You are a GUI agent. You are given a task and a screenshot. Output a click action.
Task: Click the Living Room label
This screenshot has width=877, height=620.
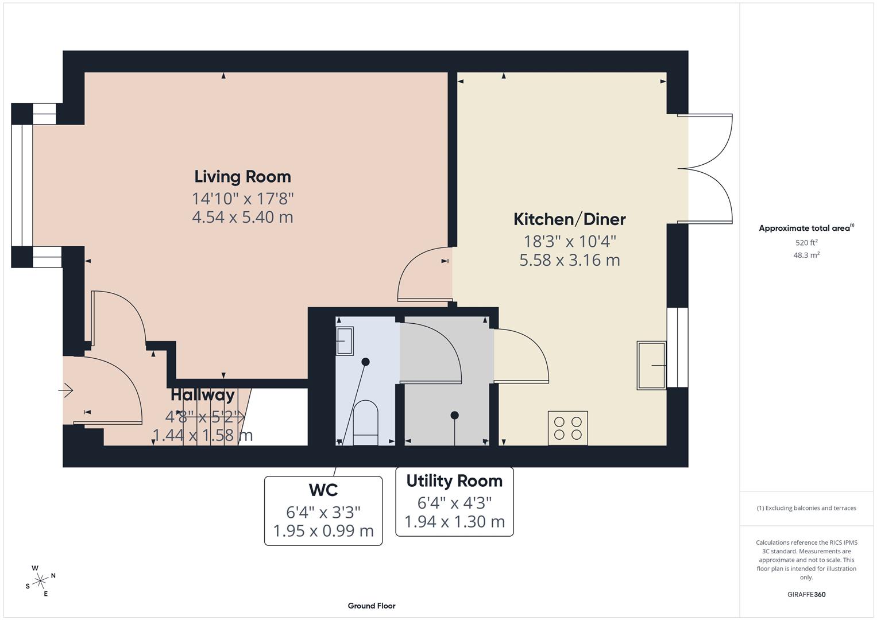(242, 176)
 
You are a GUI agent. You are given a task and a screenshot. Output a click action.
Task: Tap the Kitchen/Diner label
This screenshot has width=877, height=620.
(569, 219)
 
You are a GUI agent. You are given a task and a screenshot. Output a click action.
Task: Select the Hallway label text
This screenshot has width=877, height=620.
(203, 395)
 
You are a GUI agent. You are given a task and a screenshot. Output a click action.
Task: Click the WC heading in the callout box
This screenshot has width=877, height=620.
(323, 490)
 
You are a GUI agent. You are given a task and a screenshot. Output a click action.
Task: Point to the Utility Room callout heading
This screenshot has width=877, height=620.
(454, 480)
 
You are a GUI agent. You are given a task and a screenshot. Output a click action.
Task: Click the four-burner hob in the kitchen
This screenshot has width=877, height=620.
(567, 428)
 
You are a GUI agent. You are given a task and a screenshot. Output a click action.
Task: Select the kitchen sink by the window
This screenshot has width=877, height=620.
(651, 365)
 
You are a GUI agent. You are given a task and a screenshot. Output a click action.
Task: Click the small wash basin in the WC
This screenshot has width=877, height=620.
(345, 341)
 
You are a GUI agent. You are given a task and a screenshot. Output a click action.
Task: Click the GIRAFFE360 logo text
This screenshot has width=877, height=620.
(806, 594)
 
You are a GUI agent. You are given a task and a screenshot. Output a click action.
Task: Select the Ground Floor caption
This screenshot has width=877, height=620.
(372, 606)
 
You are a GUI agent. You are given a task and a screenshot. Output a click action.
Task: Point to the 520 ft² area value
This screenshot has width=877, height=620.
(806, 243)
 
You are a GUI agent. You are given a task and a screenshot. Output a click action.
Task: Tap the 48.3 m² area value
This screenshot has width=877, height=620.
(806, 255)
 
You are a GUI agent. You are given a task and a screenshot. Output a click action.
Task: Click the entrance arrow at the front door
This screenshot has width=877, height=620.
(66, 390)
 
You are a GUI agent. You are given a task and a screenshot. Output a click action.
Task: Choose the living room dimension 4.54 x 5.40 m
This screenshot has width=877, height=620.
(242, 217)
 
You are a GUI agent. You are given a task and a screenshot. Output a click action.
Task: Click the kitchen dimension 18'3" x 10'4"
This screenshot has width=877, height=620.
(569, 241)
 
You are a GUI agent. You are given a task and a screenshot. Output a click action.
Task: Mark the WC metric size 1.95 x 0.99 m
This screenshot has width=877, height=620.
(323, 531)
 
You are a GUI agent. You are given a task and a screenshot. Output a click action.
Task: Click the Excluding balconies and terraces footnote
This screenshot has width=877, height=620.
(806, 508)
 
